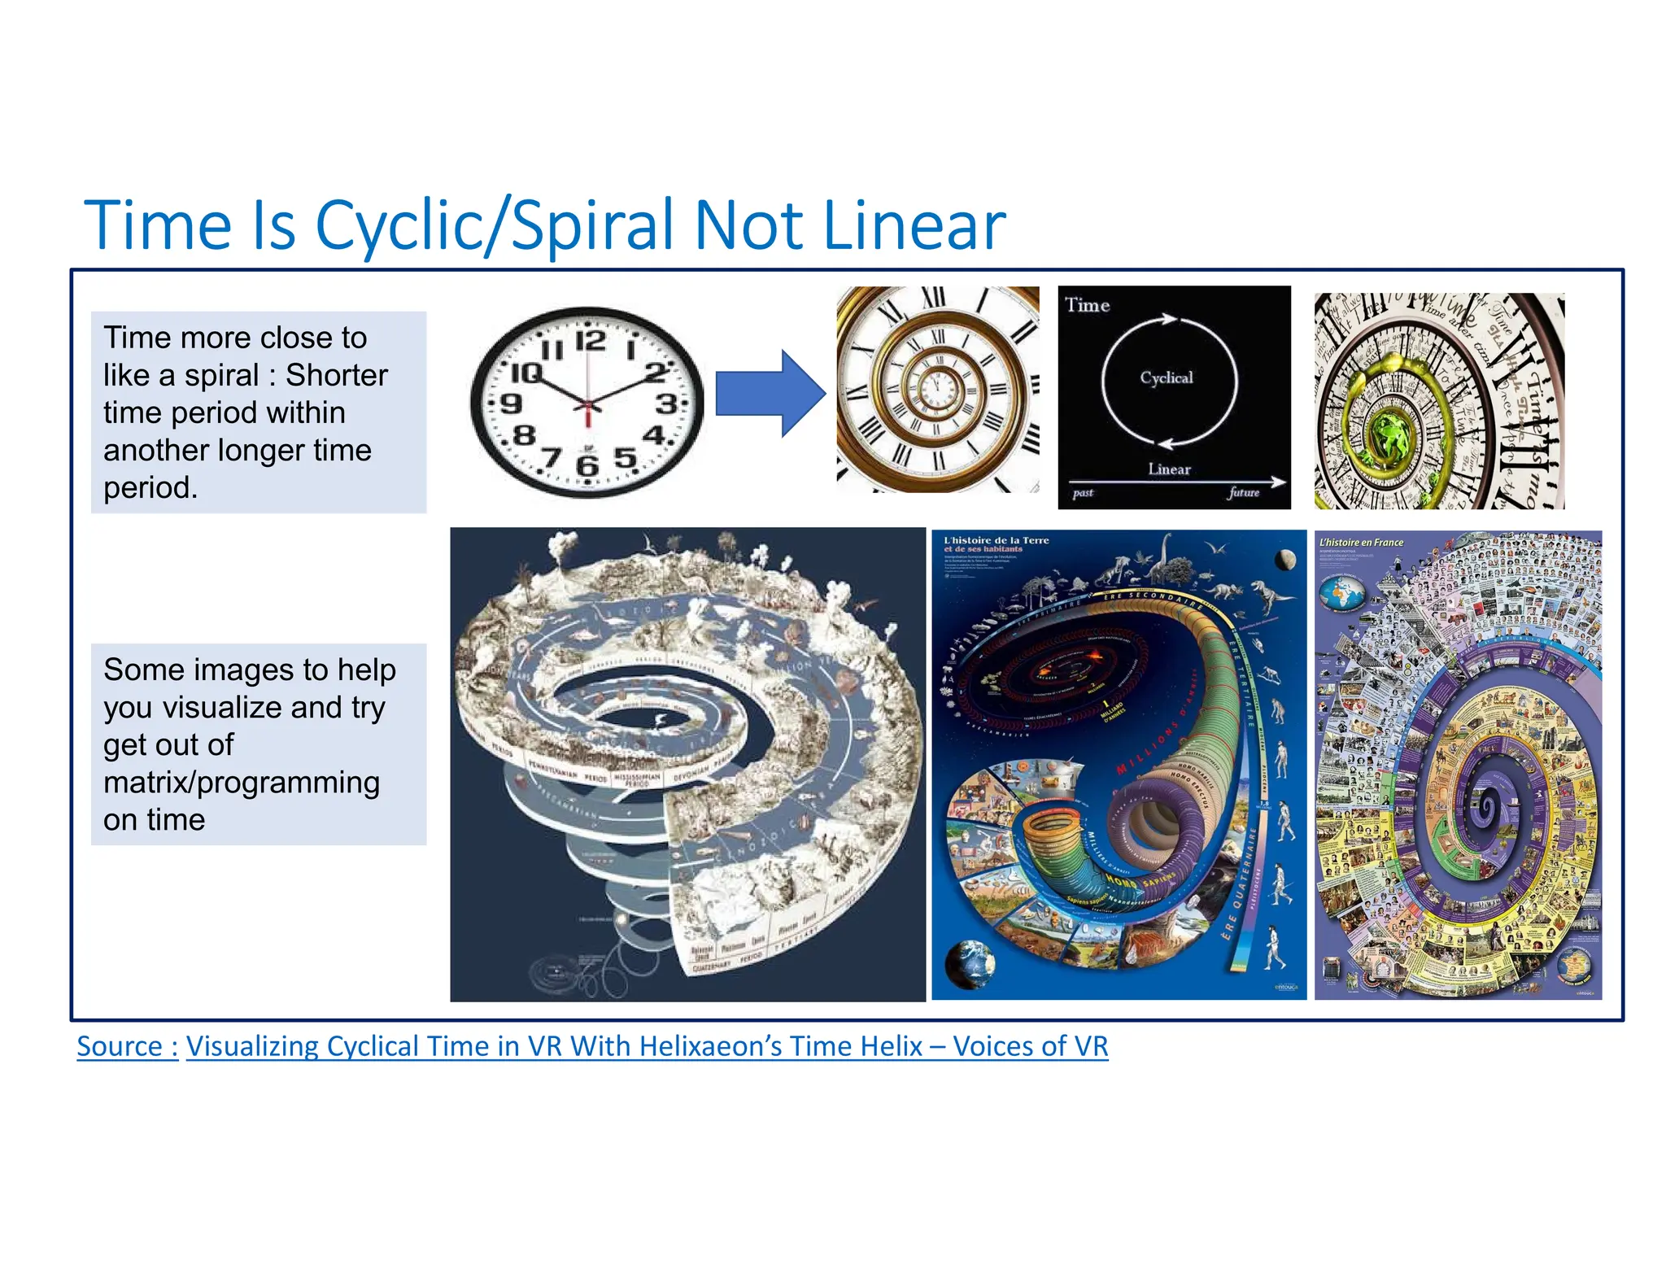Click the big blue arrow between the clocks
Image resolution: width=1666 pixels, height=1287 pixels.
(x=769, y=394)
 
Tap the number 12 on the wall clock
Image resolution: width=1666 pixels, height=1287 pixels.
(x=591, y=340)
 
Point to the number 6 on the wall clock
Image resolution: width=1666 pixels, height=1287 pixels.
(x=587, y=465)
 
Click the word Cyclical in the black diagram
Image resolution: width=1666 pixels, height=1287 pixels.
(x=1166, y=377)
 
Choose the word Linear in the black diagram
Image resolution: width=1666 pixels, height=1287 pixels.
(x=1169, y=469)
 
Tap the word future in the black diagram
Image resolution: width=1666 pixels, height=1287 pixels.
(x=1244, y=492)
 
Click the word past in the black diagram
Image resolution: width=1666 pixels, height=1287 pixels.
(x=1083, y=493)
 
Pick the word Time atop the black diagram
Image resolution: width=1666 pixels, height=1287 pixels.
(x=1088, y=305)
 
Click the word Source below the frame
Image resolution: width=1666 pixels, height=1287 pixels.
(x=120, y=1046)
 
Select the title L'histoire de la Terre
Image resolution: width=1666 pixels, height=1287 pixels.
(x=996, y=540)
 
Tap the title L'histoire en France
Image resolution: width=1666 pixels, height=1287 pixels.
(x=1361, y=543)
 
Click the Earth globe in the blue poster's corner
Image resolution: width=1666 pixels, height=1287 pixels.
(x=969, y=963)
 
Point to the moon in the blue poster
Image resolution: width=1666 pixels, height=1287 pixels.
(x=1286, y=559)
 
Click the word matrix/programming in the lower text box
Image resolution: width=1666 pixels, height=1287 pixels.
(x=241, y=783)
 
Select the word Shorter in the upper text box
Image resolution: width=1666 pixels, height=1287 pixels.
(x=336, y=375)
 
